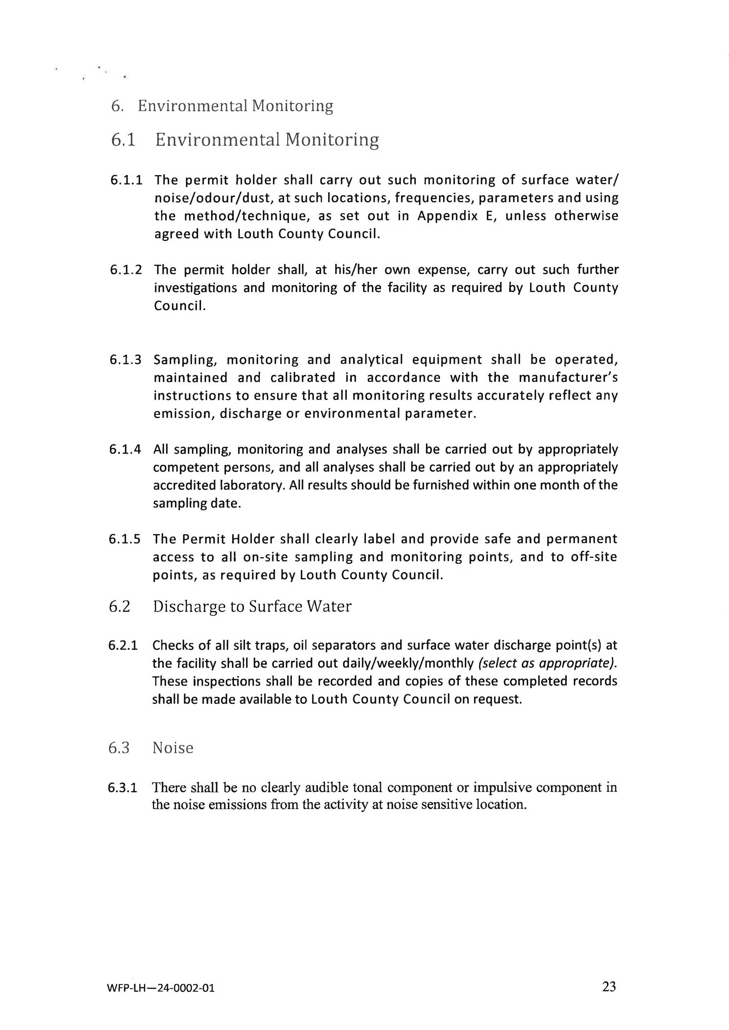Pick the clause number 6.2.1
click(x=123, y=645)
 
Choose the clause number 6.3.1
click(x=122, y=787)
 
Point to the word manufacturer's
click(x=568, y=377)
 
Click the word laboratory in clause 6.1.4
click(x=219, y=485)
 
